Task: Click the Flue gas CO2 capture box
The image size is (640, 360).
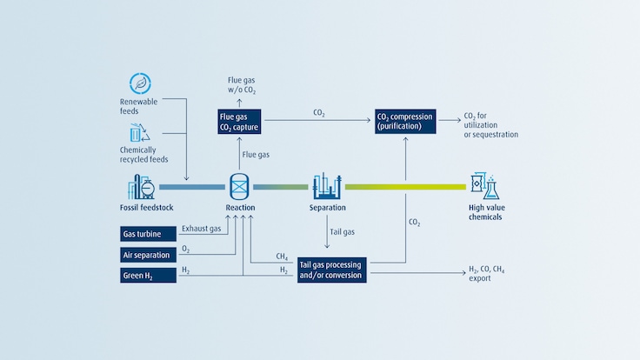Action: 239,122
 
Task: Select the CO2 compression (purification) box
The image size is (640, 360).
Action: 405,122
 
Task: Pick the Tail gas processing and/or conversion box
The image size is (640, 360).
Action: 331,270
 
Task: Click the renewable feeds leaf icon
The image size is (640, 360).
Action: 139,83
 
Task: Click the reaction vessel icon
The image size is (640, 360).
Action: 240,185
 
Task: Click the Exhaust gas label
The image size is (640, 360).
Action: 201,230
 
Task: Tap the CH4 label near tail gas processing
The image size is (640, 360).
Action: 282,257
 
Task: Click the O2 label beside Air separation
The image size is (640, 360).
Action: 185,250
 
